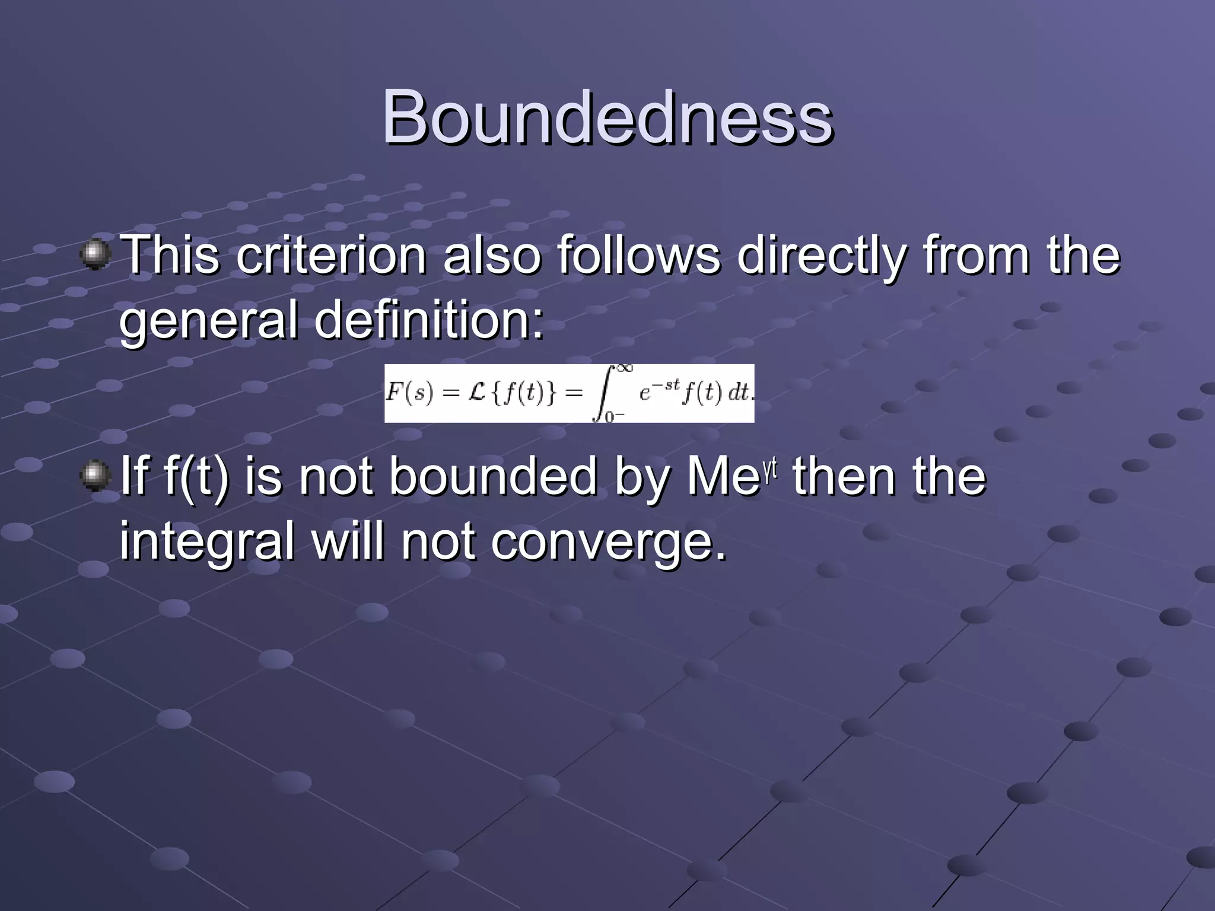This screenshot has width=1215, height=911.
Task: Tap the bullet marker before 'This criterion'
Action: tap(95, 254)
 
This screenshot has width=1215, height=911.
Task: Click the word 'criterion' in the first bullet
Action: tap(331, 256)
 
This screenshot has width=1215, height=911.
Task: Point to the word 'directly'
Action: tap(822, 257)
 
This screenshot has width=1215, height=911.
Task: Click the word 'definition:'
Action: tap(428, 321)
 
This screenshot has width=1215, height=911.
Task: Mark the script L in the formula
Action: tap(477, 393)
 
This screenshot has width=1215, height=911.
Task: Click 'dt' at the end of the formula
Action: tap(739, 393)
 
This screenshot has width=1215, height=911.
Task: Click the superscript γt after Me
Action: tap(769, 468)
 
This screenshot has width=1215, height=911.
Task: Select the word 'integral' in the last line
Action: tap(207, 542)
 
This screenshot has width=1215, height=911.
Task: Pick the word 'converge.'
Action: tap(608, 542)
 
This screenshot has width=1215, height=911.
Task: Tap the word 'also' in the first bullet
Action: tap(492, 256)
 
